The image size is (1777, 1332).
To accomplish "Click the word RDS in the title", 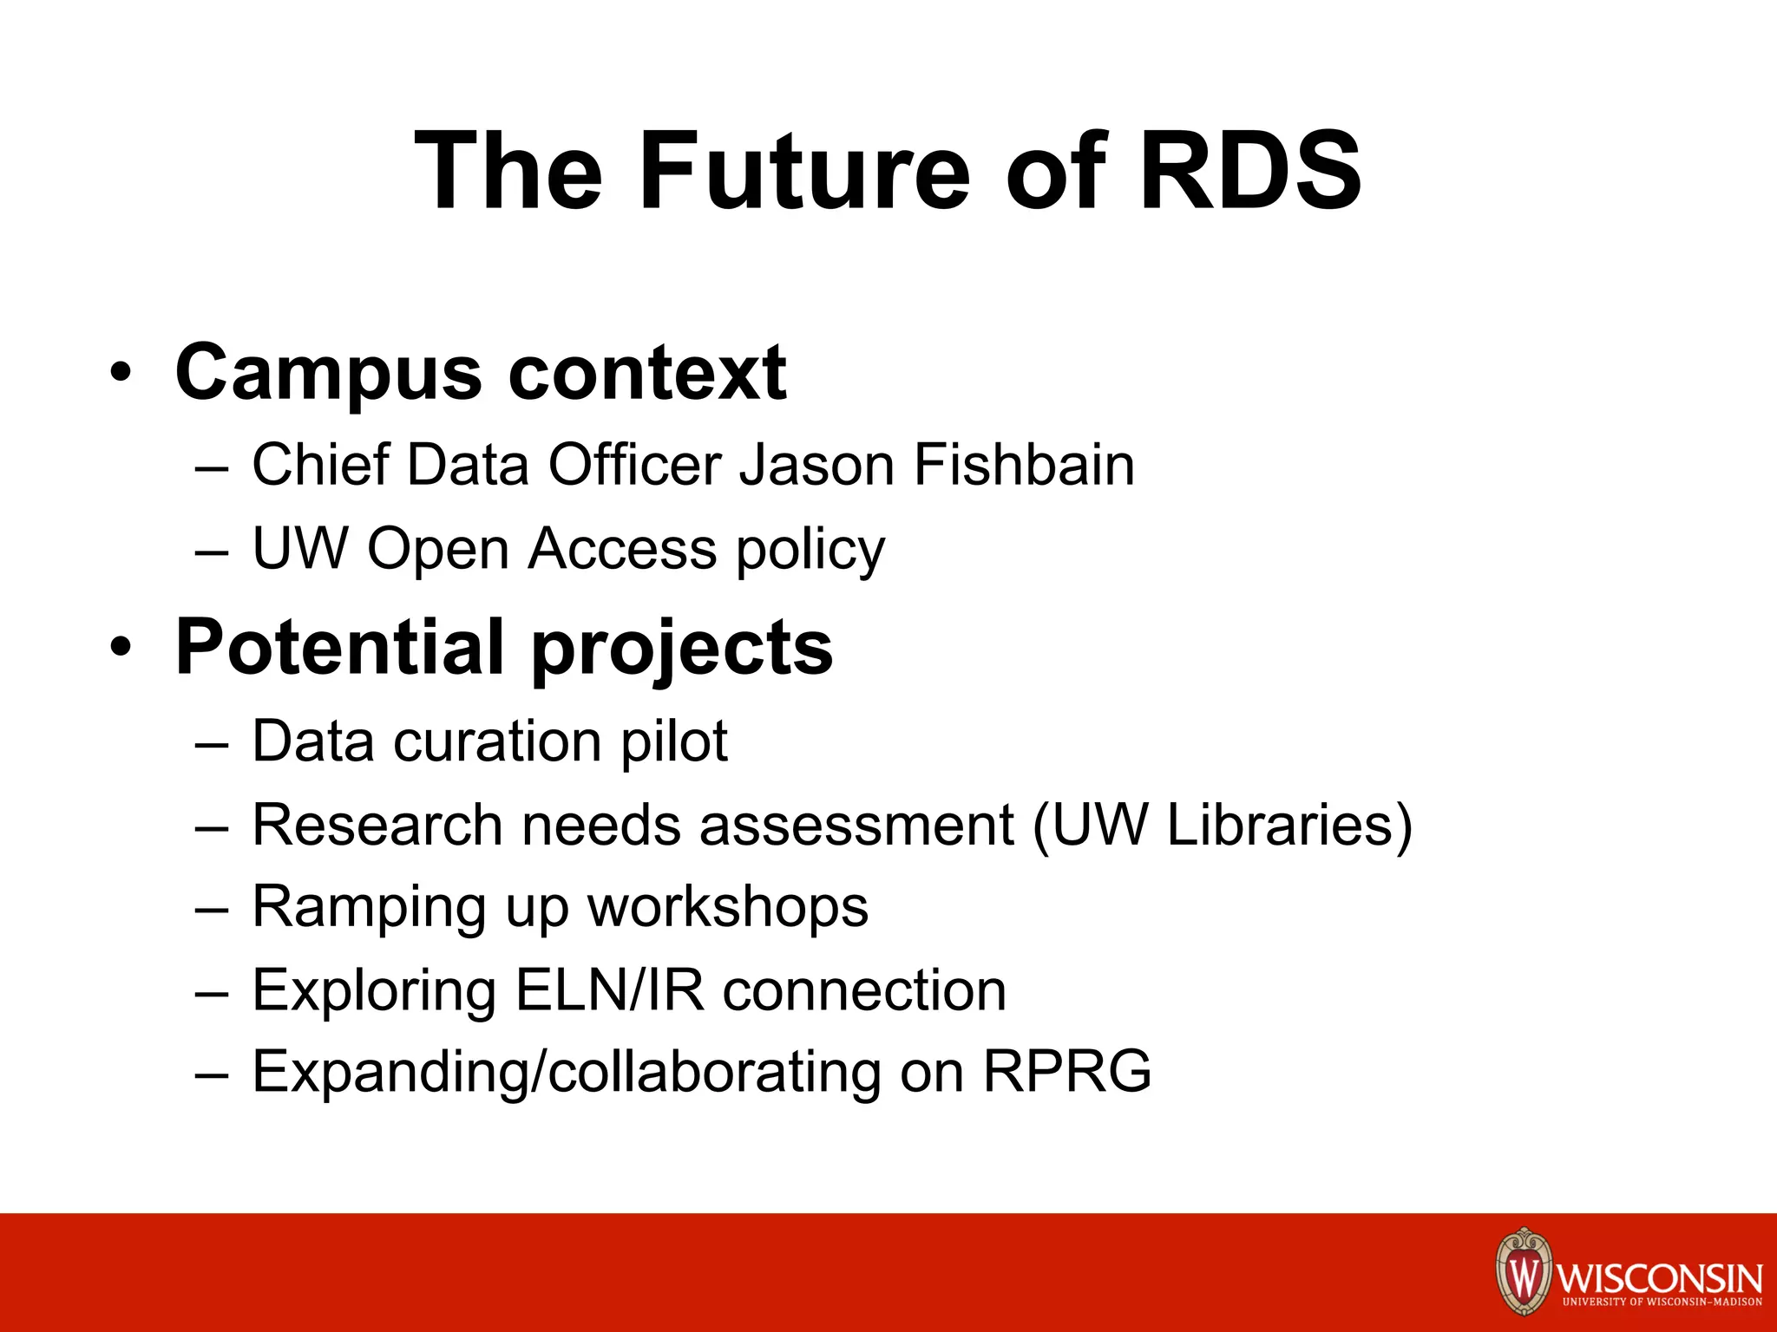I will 1249,171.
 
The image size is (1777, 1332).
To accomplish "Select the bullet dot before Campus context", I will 121,373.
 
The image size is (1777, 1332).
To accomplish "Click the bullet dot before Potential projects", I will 121,648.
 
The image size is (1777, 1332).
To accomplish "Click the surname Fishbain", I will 1024,465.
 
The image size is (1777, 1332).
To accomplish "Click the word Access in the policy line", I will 622,549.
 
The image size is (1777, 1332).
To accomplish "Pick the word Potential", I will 340,648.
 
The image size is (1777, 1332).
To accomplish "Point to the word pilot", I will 674,741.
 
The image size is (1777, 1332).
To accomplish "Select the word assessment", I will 856,824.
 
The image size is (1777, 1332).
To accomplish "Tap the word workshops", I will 728,907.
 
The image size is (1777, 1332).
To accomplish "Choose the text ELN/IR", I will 609,989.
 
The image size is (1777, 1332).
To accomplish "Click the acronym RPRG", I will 1066,1072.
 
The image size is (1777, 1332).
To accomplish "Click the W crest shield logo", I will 1523,1273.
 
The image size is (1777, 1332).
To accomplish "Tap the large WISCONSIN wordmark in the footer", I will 1660,1277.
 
